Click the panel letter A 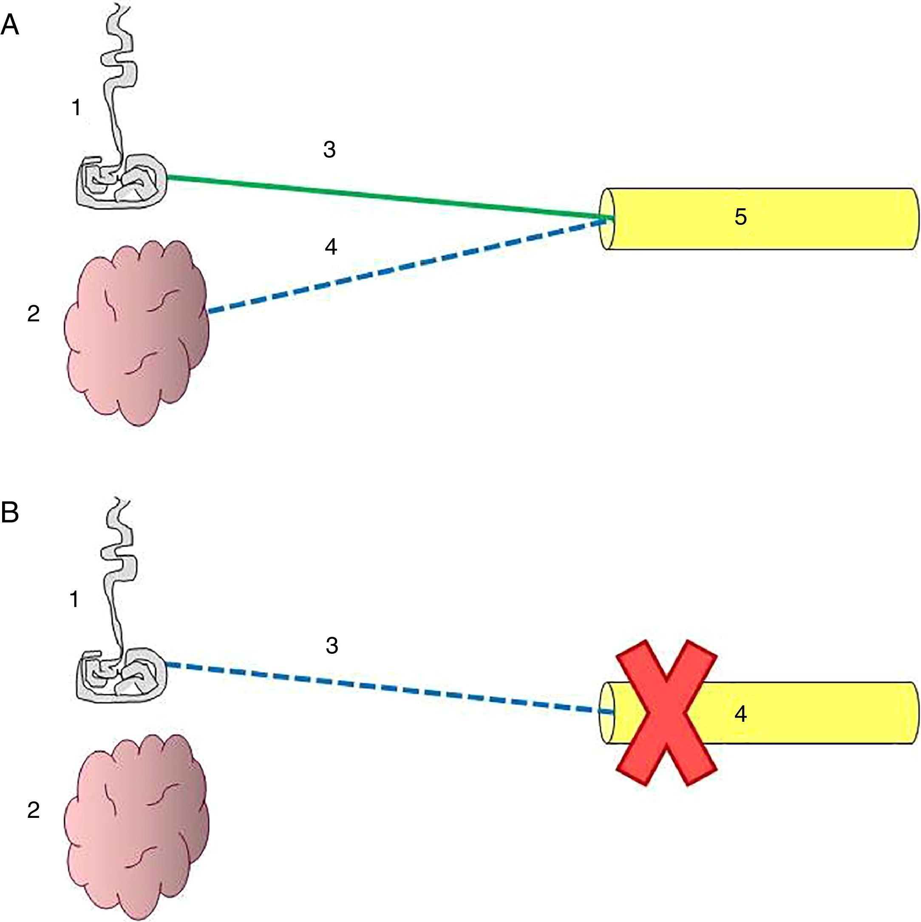tap(10, 24)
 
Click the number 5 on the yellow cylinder tap(740, 217)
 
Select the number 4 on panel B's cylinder tap(740, 715)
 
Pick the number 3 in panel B tap(332, 645)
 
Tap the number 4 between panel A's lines tap(331, 247)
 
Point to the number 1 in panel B tap(74, 599)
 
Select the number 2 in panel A tap(34, 314)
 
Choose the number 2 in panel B tap(34, 810)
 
